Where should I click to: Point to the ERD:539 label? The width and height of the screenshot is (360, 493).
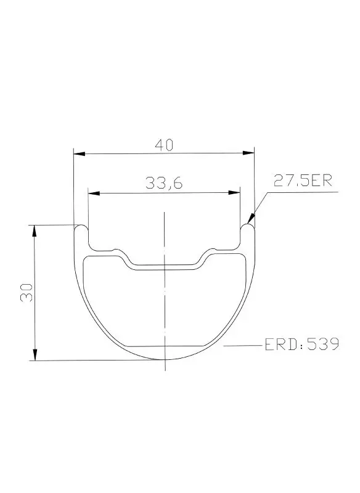tap(301, 343)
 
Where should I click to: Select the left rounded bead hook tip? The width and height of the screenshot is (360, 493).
tap(81, 227)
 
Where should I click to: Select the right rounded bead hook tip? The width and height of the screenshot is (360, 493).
tap(247, 227)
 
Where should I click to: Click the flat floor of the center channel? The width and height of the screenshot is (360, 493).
tap(164, 266)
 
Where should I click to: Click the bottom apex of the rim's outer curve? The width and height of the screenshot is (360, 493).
tap(164, 361)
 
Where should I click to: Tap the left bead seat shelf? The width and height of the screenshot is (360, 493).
tap(102, 250)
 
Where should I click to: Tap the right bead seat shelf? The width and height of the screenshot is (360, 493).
tap(226, 250)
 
